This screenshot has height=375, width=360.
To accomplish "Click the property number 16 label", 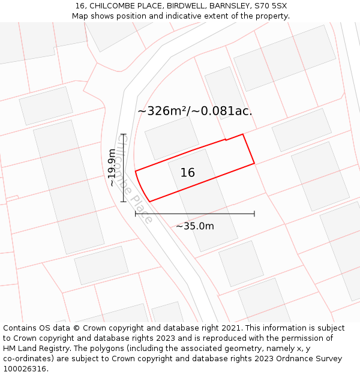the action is [187, 173].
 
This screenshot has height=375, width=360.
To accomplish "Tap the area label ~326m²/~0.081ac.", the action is [195, 111].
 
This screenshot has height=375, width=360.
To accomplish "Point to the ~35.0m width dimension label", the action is [194, 226].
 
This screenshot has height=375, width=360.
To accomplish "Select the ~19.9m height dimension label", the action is [112, 168].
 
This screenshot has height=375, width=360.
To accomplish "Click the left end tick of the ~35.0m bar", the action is [136, 213].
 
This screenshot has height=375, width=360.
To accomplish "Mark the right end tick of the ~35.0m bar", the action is [254, 213].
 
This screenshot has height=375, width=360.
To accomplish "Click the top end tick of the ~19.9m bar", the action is [124, 134].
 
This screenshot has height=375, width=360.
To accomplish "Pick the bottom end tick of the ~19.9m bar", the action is [124, 202].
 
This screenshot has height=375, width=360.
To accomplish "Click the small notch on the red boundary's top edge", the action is [226, 140].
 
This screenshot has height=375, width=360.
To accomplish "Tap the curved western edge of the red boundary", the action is [140, 187].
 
